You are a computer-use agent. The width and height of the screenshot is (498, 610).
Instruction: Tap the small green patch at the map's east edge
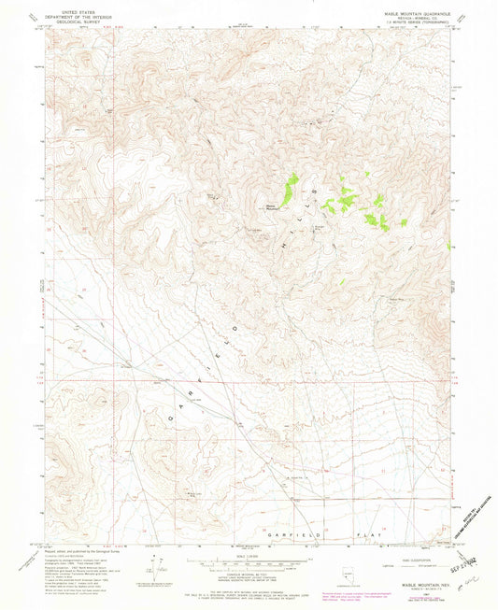450,247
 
